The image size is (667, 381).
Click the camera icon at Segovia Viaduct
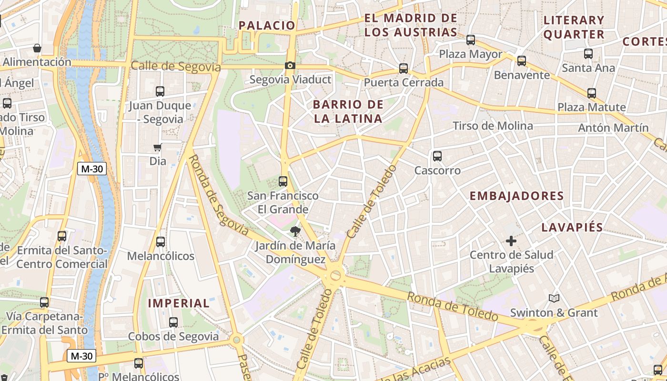pos(290,66)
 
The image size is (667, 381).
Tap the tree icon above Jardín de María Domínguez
pos(295,232)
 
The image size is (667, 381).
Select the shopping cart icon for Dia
pos(158,147)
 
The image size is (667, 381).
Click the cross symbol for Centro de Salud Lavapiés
pos(511,241)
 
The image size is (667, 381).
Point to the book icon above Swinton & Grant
pos(554,299)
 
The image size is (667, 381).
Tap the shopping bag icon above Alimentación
pos(37,48)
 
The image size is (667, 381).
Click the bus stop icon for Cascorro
pos(437,156)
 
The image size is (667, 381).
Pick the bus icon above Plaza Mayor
pos(471,40)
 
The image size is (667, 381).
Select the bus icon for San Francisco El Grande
pos(283,181)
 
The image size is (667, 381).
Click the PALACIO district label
pos(267,25)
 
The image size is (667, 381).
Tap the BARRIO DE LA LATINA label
pos(348,111)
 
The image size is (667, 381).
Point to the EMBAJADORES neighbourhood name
pos(516,196)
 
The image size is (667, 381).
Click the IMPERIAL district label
pos(179,303)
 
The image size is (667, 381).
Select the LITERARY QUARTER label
pos(574,27)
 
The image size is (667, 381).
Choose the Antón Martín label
pos(613,128)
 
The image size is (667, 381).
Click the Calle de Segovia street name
pos(176,66)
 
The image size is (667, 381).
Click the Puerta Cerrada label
pos(404,82)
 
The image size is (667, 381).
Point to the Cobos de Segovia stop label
pos(173,336)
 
